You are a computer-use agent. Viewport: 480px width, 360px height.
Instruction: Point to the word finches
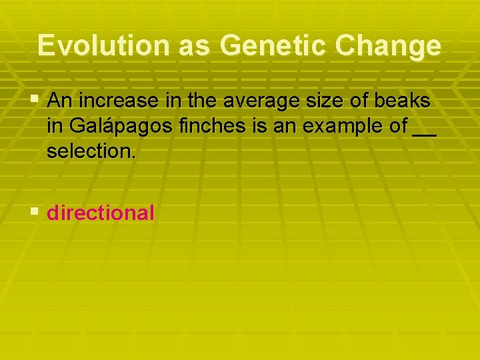pyautogui.click(x=203, y=126)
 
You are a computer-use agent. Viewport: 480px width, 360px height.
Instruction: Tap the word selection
pyautogui.click(x=91, y=151)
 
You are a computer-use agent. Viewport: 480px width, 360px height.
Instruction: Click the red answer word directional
pyautogui.click(x=101, y=213)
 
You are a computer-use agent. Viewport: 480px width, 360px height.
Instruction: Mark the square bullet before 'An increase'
pyautogui.click(x=35, y=101)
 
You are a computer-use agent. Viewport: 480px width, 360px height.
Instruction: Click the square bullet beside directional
pyautogui.click(x=35, y=213)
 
